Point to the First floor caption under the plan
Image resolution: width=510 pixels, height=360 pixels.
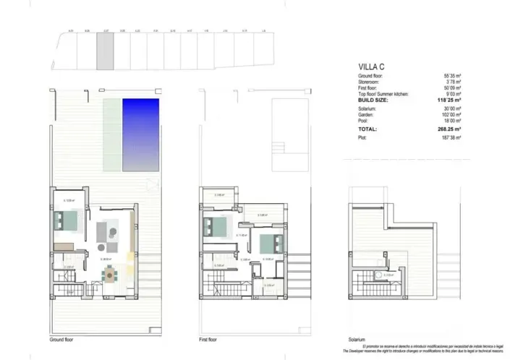pyautogui.click(x=208, y=339)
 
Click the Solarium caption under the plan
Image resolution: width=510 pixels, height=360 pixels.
pyautogui.click(x=356, y=339)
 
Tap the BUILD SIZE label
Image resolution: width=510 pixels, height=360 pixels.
pyautogui.click(x=374, y=100)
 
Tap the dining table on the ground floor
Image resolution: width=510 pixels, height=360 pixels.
pyautogui.click(x=110, y=274)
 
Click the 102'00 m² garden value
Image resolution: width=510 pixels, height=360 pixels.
pyautogui.click(x=449, y=115)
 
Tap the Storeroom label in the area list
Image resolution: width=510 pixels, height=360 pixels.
pyautogui.click(x=370, y=82)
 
